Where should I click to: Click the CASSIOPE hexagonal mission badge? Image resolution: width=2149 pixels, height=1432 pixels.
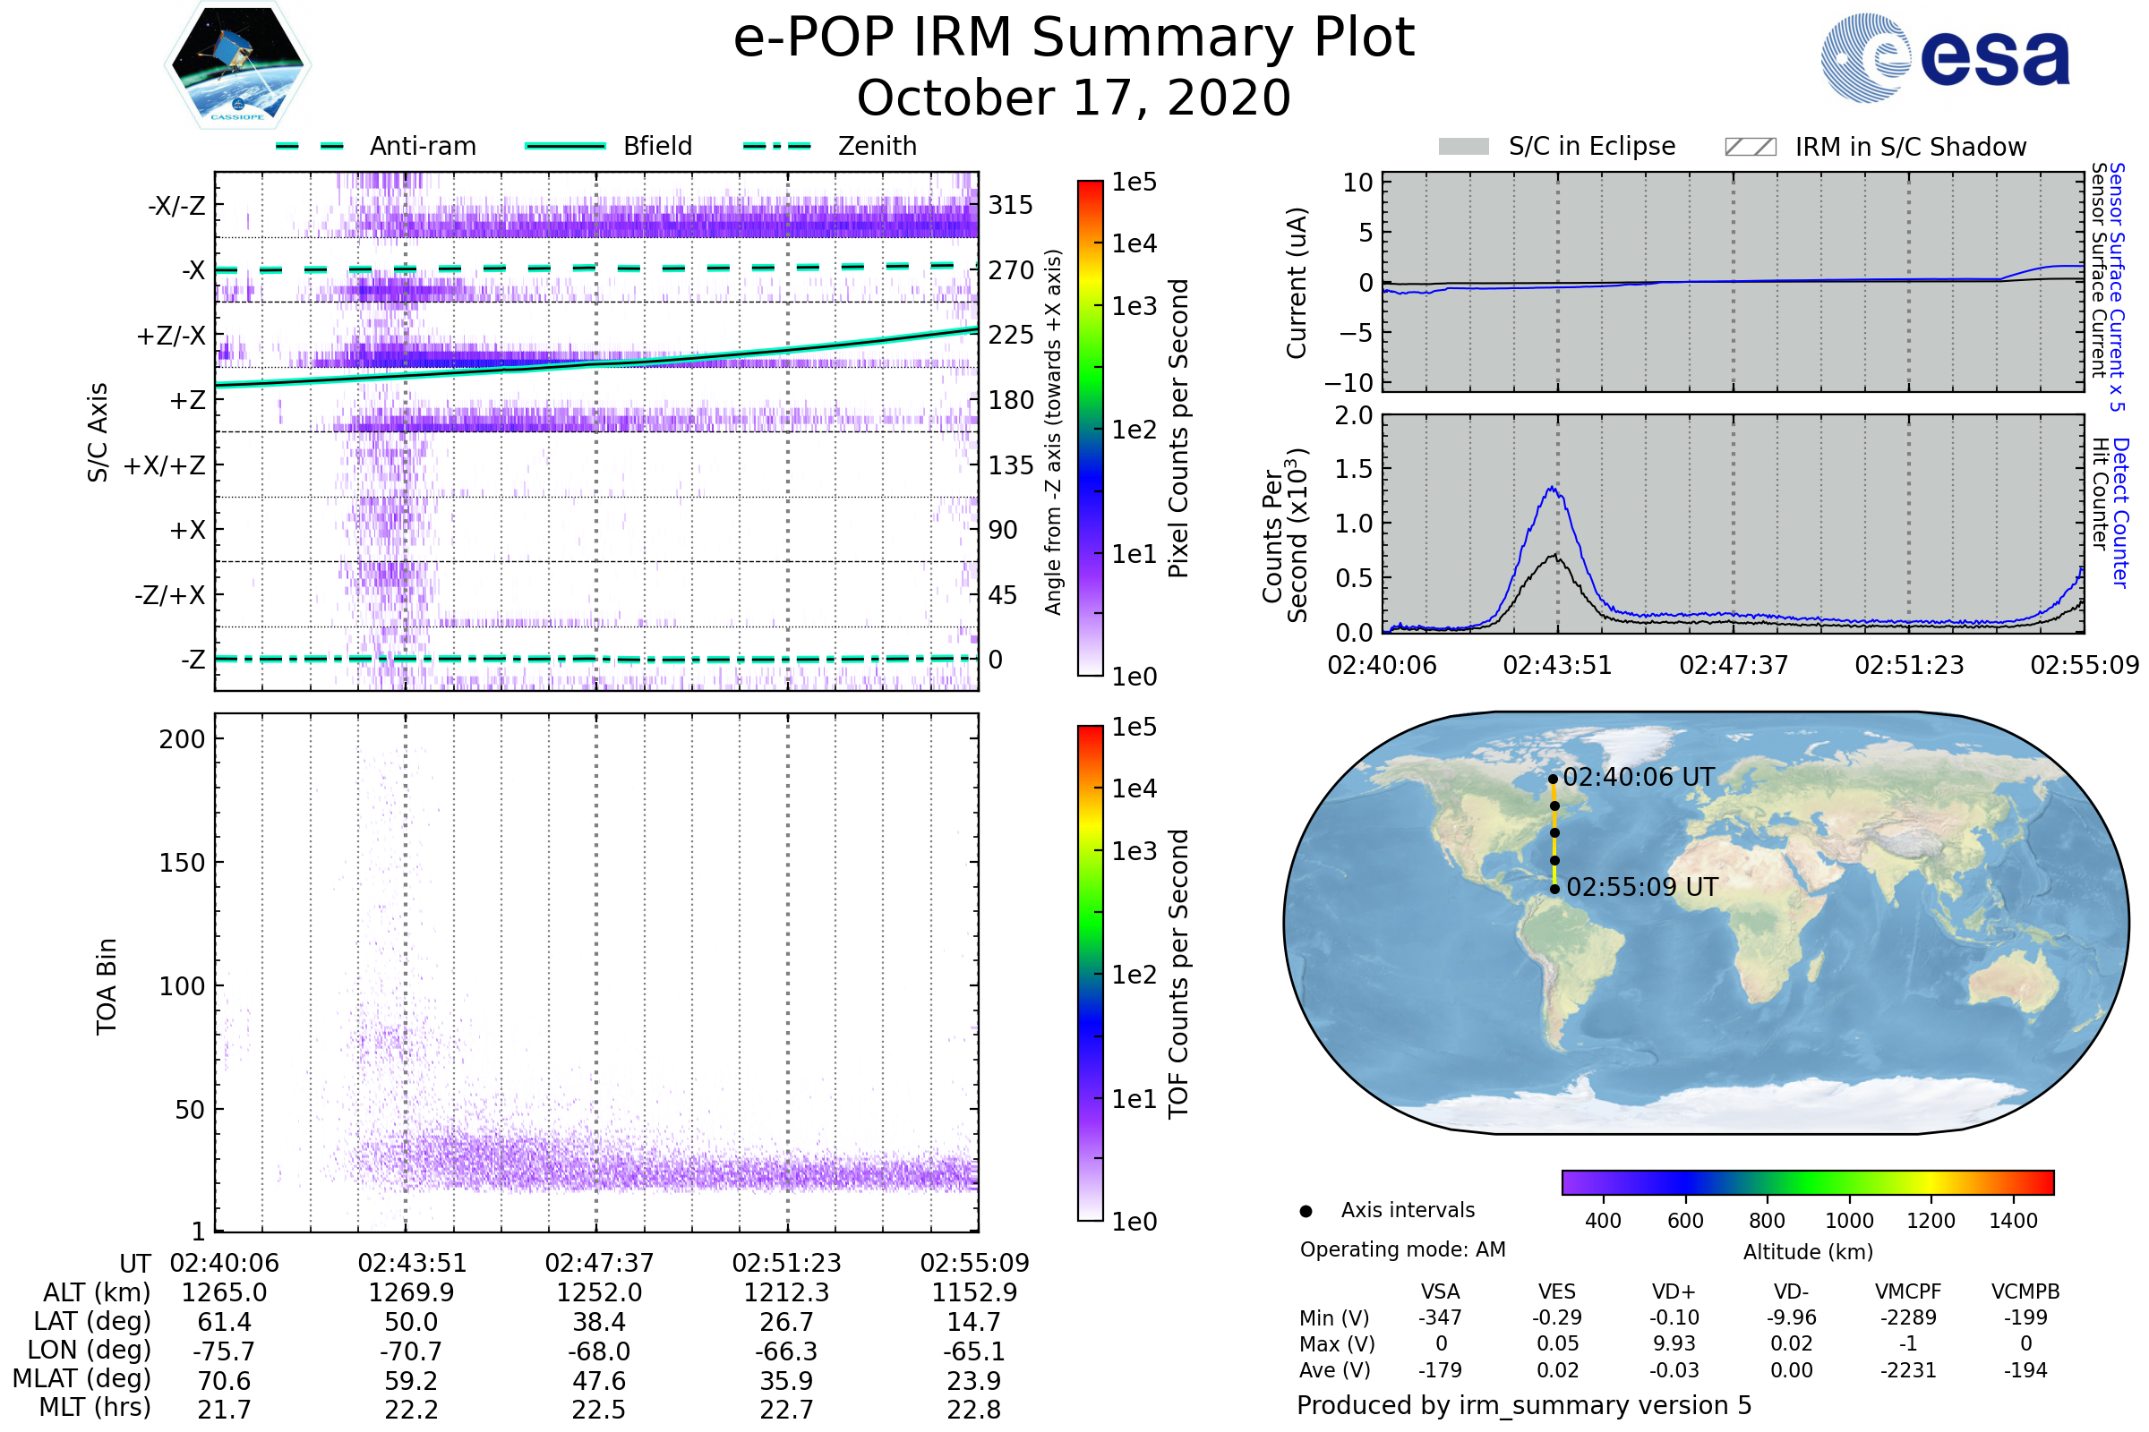tap(237, 64)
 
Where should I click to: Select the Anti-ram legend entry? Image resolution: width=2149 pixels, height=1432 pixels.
tap(376, 146)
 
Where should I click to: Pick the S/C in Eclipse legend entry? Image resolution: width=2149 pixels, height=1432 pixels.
tap(1557, 146)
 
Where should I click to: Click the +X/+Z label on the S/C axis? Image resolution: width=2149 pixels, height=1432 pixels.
tap(165, 465)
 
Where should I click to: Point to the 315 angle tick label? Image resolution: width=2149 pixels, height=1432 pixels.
tap(1011, 205)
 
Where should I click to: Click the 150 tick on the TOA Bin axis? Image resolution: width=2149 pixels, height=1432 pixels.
tap(182, 863)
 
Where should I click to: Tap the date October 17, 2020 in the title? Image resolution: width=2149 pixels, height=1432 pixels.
tap(1074, 98)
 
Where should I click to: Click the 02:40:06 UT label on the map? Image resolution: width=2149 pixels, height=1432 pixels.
tap(1639, 777)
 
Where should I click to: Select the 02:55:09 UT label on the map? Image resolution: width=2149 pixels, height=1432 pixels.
tap(1642, 887)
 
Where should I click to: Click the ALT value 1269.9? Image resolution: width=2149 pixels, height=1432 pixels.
tap(411, 1292)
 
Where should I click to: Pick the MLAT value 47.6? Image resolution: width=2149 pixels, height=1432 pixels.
tap(598, 1380)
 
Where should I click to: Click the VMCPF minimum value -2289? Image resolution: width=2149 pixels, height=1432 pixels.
tap(1908, 1317)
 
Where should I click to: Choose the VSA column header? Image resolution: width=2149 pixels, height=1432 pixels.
tap(1440, 1291)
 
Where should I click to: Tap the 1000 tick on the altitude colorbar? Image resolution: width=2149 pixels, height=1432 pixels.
tap(1849, 1221)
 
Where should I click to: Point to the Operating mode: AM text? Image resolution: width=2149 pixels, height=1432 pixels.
tap(1402, 1249)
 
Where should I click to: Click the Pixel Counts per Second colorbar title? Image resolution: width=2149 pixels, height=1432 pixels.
tap(1178, 429)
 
